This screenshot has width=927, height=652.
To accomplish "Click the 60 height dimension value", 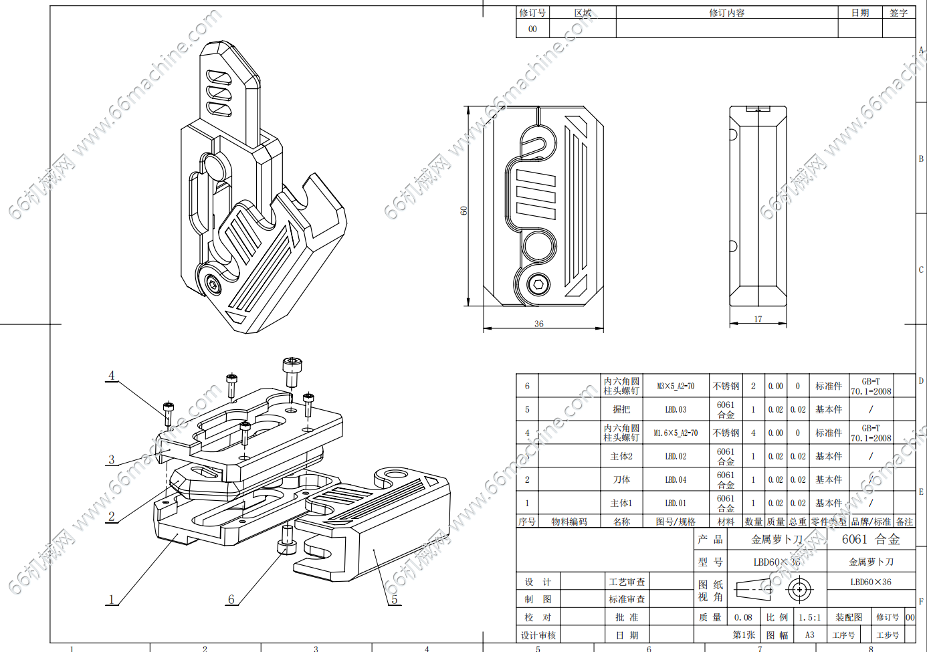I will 463,210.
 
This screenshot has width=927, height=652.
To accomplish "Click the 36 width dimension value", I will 539,324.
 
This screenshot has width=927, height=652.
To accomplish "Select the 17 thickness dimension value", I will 758,319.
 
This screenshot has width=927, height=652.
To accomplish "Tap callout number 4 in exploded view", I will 112,375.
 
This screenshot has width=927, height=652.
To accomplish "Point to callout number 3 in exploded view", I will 112,459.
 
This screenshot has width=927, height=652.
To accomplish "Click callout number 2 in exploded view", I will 112,516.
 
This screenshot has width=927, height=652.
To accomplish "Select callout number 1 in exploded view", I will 112,599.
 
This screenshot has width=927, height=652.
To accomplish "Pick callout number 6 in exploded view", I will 231,599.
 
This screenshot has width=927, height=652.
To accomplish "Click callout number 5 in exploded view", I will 395,599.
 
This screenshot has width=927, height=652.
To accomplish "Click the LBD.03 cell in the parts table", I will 676,409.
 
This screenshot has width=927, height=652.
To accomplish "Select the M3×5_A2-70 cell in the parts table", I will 676,386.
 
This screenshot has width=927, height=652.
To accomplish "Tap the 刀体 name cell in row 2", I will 621,479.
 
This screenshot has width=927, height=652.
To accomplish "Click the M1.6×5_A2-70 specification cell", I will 676,433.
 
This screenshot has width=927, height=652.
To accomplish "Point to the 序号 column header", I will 527,522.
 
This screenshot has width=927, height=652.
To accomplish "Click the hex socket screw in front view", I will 538,284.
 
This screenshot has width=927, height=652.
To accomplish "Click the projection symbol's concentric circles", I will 799,590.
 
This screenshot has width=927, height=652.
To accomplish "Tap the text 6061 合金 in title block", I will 871,539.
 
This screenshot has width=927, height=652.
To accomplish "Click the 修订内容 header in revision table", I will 726,13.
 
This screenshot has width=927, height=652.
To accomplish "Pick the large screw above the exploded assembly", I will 291,371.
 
